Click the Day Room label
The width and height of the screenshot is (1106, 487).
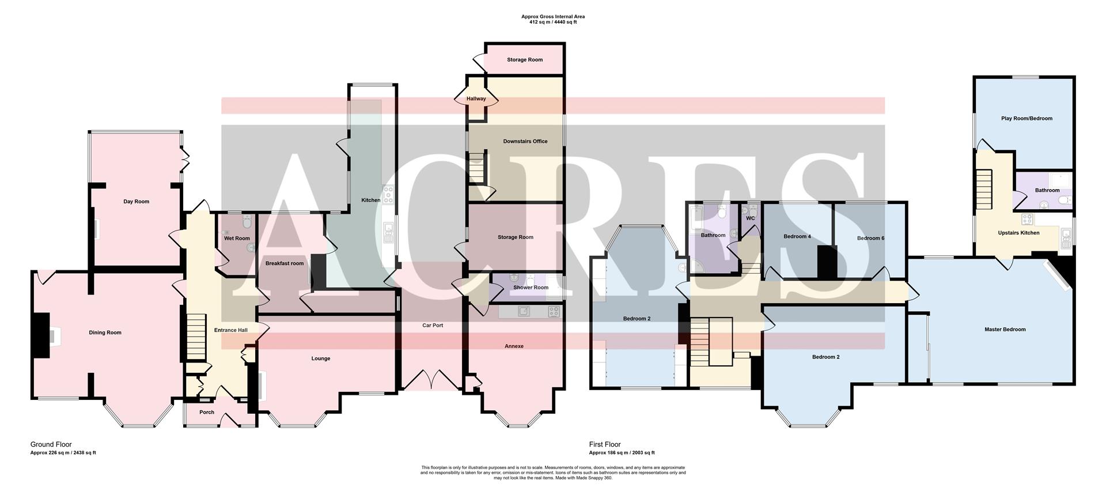(136, 202)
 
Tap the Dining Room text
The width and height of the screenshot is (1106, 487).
(105, 333)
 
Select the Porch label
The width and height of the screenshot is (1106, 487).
(206, 412)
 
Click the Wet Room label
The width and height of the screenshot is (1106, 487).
(237, 238)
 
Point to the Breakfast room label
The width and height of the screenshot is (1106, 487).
(284, 263)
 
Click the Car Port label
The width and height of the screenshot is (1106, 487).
(433, 326)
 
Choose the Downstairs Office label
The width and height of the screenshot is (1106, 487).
(525, 141)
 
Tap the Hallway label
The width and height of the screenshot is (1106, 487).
(476, 99)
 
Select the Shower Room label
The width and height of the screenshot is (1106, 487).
(531, 288)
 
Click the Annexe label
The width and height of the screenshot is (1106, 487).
(514, 346)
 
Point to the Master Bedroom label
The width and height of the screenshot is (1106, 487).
(1005, 330)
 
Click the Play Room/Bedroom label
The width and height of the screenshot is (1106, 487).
(1027, 119)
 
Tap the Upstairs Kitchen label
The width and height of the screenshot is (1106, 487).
(1018, 233)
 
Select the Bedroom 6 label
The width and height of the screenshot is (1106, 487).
(870, 238)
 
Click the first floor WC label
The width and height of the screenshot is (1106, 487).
(750, 218)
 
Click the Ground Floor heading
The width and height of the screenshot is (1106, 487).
(51, 444)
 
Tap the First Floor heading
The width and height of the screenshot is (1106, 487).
(605, 444)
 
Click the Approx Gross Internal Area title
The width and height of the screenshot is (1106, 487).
(552, 17)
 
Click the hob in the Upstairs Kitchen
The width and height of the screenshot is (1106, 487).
(1026, 218)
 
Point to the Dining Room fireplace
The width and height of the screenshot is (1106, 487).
(52, 337)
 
